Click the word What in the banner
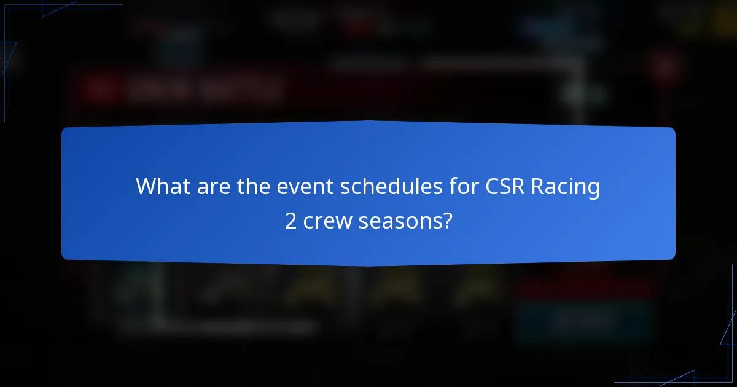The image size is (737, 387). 162,187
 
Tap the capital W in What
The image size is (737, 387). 146,187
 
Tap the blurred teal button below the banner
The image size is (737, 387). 583,319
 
